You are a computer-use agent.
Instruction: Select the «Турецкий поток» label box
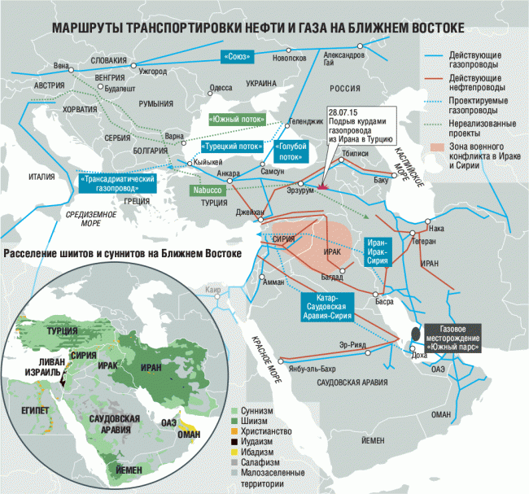234,147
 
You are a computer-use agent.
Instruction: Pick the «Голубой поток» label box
289,151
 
